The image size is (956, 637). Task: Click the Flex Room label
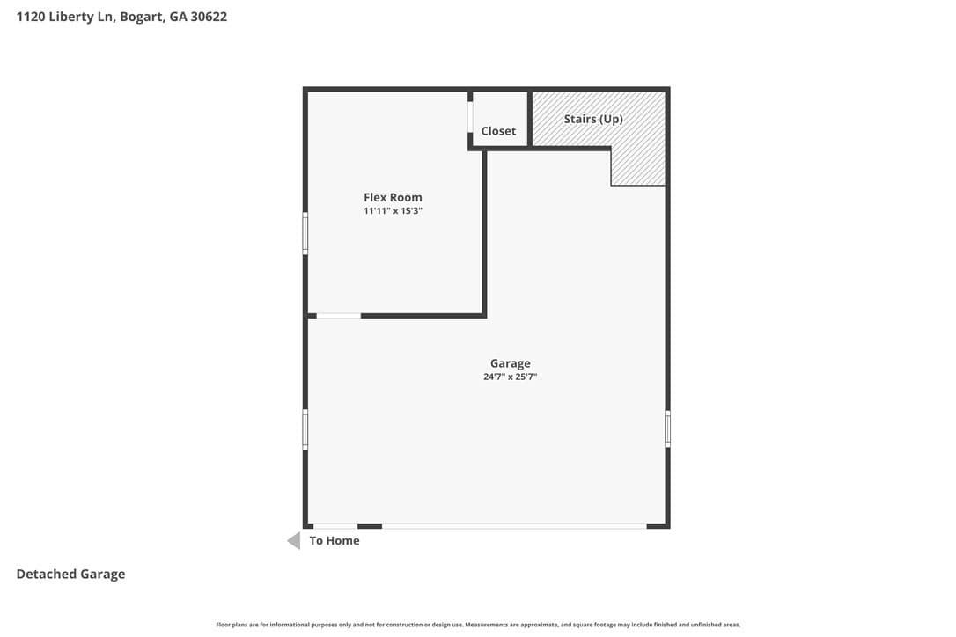tap(393, 197)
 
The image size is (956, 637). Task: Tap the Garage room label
tap(511, 363)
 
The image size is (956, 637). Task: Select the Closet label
tap(498, 131)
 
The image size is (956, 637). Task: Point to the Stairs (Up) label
tap(593, 119)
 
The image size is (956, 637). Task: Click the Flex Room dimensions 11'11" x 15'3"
tap(393, 211)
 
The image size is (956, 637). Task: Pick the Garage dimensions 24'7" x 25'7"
tap(511, 377)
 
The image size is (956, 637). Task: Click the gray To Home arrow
tap(294, 541)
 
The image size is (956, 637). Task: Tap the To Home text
tap(335, 541)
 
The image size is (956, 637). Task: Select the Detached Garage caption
tap(70, 575)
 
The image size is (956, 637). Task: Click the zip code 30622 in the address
tap(209, 17)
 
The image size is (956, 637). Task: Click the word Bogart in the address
tap(142, 17)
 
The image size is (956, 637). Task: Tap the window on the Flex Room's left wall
tap(305, 233)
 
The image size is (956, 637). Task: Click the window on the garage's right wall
tap(667, 429)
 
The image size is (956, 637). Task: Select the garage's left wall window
tap(305, 429)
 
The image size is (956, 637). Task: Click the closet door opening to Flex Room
tap(470, 116)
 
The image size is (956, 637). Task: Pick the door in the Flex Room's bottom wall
tap(338, 316)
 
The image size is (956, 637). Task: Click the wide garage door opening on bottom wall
tap(514, 526)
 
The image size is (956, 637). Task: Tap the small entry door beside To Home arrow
tap(335, 526)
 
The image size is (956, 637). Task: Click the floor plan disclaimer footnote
tap(478, 625)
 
